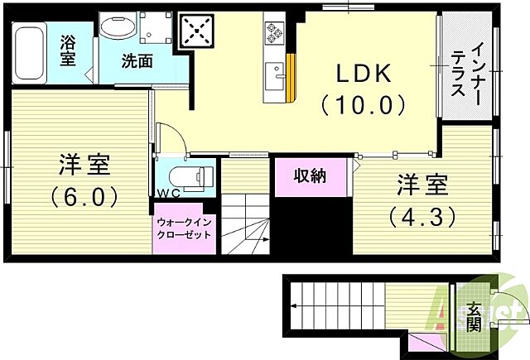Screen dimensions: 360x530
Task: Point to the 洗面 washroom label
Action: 137,60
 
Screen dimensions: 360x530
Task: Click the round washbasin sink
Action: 116,26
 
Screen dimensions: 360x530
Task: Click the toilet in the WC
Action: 190,176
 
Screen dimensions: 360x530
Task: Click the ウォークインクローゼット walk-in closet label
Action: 184,228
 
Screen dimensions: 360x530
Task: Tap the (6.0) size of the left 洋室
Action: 84,197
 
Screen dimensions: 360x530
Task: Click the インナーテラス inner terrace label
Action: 467,74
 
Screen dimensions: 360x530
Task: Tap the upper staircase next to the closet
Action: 247,223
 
